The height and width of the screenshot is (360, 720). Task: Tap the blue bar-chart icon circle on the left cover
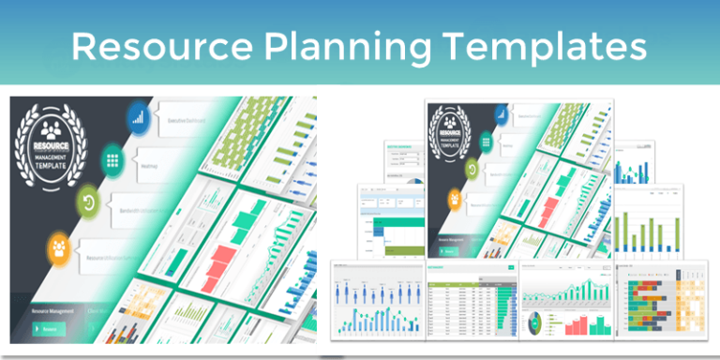coord(139,118)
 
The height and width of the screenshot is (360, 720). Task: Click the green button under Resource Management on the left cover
coord(50,328)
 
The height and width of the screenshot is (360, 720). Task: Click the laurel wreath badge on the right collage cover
coord(455,132)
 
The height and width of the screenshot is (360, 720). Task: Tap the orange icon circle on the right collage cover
coord(455,199)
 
